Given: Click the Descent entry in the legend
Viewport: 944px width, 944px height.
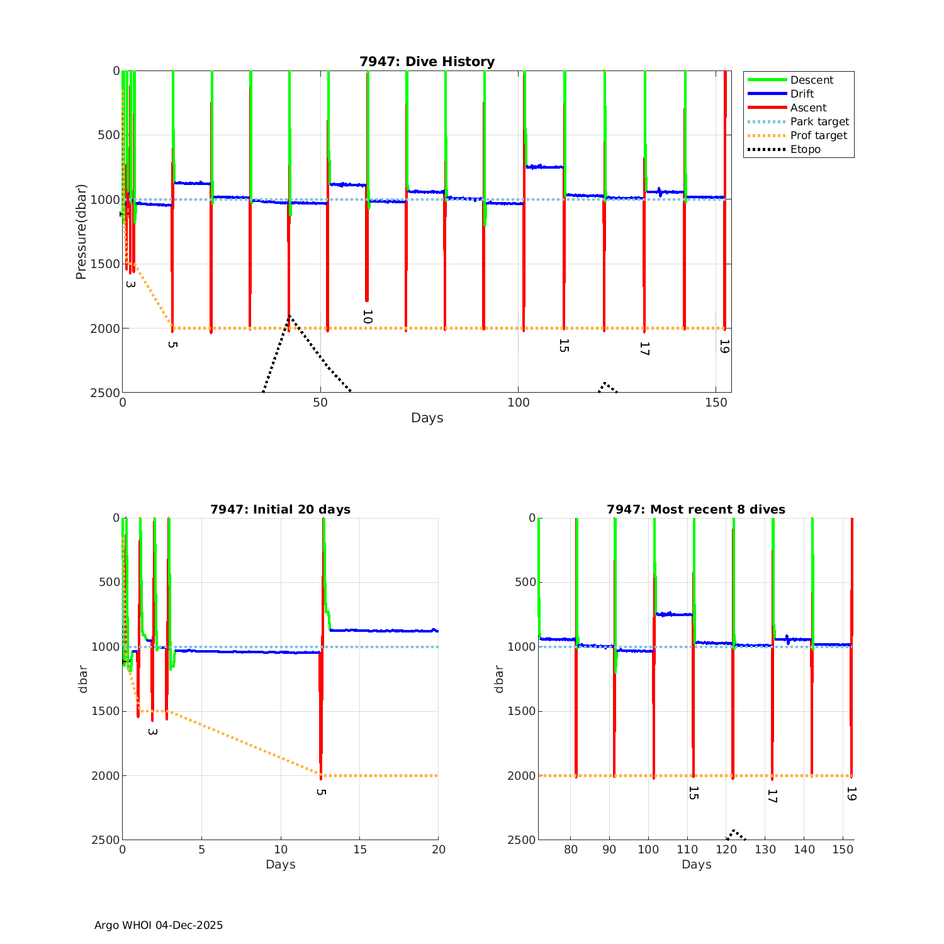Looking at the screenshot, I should point(812,80).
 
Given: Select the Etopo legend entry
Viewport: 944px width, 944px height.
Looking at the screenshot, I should point(806,149).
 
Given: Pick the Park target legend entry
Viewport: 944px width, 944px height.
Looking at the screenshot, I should point(819,121).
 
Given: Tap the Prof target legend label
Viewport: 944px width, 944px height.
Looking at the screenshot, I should point(819,135).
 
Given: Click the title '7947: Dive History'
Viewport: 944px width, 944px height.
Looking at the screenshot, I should point(427,62).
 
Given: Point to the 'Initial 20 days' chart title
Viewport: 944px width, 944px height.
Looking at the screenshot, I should point(280,509).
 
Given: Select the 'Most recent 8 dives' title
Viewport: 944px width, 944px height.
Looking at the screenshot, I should point(695,509).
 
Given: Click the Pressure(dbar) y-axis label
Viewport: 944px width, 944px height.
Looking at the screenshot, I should point(81,232).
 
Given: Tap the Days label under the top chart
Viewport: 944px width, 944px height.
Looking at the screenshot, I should point(427,418).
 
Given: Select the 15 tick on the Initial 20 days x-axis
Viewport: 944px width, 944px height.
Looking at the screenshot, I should point(359,850).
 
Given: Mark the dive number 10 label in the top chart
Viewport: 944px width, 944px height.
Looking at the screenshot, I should point(368,317).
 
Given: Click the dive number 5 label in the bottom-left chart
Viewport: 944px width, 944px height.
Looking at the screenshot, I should point(321,792).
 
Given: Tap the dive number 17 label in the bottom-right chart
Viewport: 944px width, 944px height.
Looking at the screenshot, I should point(772,796).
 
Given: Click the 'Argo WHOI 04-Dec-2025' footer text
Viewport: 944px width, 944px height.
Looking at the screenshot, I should point(159,925).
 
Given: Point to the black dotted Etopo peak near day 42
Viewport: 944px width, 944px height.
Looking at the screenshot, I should point(289,316).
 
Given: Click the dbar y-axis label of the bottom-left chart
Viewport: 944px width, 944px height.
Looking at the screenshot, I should point(83,678).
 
